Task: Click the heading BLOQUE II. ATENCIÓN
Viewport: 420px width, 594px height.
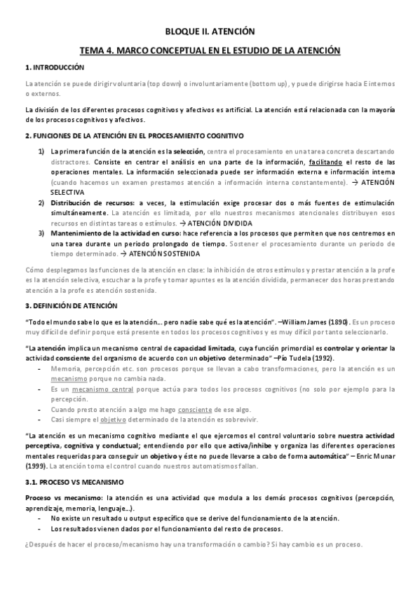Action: [210, 32]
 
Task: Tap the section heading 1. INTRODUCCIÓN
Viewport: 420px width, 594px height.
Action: [54, 67]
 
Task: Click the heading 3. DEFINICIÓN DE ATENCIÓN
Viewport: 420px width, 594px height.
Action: [71, 306]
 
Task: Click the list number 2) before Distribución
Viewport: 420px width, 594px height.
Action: [42, 203]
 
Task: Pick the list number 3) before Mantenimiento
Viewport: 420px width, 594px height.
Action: [42, 233]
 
